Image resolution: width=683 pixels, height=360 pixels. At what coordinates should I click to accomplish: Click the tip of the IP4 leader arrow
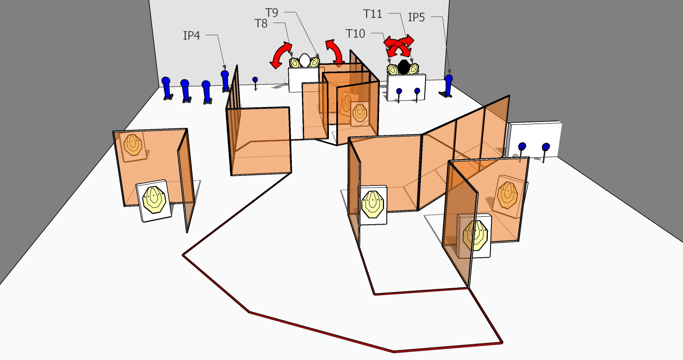pos(225,70)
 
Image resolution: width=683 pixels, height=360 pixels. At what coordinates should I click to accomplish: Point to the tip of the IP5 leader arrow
pos(450,74)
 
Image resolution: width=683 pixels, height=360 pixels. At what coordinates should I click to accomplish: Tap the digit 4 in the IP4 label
pos(197,36)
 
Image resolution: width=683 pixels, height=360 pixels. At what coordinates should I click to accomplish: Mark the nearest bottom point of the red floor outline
pos(394,352)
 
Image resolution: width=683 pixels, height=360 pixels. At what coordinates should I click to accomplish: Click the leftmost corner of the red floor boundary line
pos(183,255)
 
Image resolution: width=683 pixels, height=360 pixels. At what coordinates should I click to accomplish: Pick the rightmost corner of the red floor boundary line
pos(502,343)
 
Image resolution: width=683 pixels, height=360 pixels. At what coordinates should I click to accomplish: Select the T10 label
pos(355,34)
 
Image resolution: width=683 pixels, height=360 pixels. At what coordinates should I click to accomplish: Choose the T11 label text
pos(372,14)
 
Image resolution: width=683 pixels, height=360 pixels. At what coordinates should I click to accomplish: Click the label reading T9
pos(272,13)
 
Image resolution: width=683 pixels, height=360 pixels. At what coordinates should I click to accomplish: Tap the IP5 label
pos(416,17)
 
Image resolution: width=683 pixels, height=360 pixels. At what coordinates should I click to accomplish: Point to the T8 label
pos(261,24)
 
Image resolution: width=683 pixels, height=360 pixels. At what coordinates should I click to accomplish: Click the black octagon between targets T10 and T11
pos(404,67)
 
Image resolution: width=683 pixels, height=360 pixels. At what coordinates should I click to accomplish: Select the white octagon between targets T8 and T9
pos(304,60)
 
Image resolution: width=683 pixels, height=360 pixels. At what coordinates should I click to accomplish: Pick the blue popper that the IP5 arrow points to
pos(449,85)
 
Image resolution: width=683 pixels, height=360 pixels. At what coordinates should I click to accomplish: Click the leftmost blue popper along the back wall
pos(166,88)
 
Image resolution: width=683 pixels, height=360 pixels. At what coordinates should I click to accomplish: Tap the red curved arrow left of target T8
pos(281,55)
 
